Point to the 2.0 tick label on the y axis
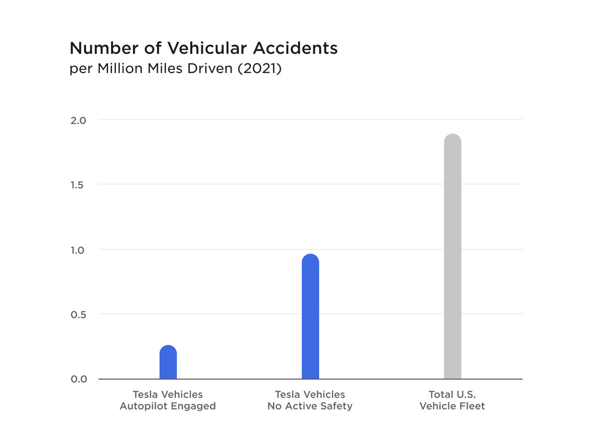[78, 120]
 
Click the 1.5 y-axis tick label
[78, 185]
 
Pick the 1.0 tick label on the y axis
[78, 250]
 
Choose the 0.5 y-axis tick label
[78, 315]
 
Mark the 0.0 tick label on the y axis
[78, 379]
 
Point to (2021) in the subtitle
[258, 69]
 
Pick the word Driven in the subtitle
[208, 69]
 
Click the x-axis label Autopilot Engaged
[168, 406]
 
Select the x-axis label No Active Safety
[310, 406]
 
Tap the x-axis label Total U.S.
[453, 394]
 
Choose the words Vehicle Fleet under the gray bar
[453, 406]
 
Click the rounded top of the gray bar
[453, 139]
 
